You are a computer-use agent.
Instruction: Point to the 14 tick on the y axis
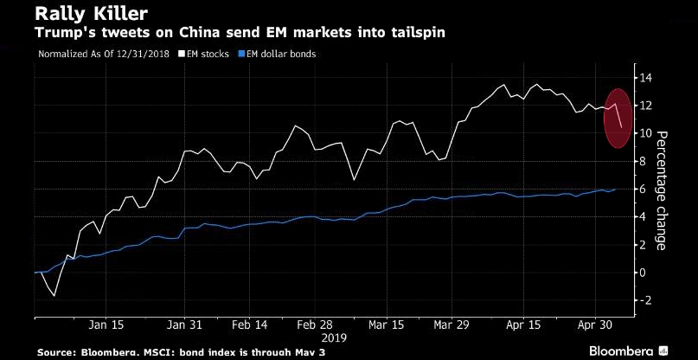coord(645,78)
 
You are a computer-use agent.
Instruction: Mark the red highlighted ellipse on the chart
coord(616,118)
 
